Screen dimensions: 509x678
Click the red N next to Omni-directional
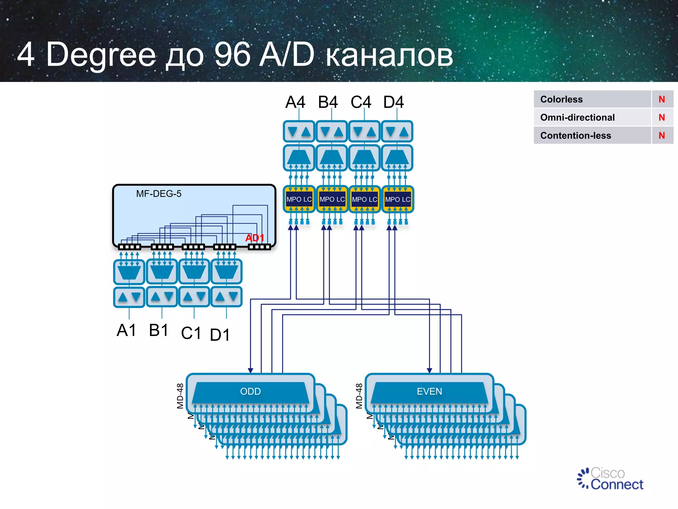(661, 117)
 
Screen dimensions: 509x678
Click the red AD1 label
(254, 238)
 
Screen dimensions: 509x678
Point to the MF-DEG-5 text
(159, 194)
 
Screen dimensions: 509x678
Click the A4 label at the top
(295, 102)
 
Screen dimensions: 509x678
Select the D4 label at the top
(393, 102)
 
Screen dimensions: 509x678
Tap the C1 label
(191, 333)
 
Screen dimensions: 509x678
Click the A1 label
(126, 330)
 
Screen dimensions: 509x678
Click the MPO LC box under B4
(332, 199)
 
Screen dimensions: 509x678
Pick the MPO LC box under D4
(397, 199)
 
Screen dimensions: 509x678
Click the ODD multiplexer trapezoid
(250, 392)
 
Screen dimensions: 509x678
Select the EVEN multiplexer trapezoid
(429, 392)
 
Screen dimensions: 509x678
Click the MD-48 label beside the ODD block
(180, 396)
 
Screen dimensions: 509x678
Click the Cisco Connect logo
(610, 479)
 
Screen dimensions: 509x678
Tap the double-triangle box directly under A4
(299, 132)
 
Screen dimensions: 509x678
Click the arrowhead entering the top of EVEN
(429, 370)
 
